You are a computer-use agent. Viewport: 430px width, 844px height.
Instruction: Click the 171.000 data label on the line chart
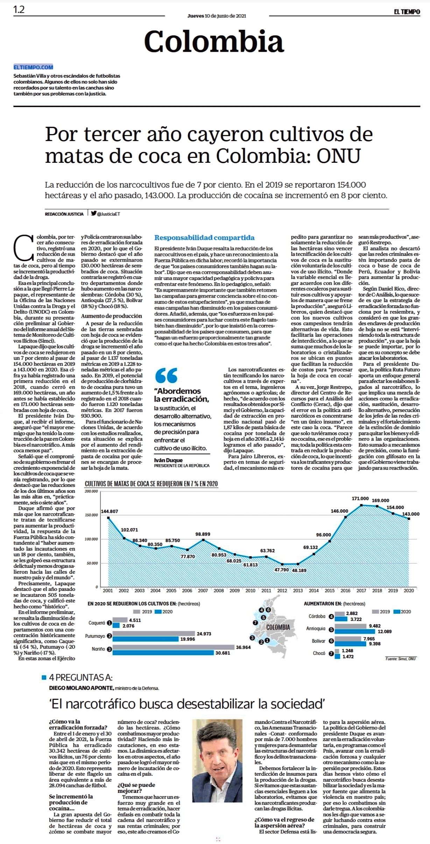point(360,498)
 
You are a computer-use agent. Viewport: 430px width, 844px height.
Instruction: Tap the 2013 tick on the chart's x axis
point(298,591)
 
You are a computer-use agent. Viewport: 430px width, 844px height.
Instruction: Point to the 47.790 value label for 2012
point(281,570)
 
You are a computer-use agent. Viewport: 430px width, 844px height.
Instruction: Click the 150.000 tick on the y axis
point(91,515)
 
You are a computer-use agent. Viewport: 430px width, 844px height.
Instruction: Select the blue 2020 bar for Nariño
point(163,653)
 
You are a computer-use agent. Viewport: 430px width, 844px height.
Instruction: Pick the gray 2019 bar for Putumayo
point(154,634)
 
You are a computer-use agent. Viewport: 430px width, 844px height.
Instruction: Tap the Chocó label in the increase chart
point(319,653)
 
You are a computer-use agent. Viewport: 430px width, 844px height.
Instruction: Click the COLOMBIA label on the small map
point(278,627)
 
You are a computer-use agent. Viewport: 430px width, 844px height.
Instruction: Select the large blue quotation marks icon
point(166,376)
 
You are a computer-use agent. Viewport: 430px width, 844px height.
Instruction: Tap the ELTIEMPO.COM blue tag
point(33,67)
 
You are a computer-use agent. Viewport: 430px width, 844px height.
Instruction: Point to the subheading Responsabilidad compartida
point(204,238)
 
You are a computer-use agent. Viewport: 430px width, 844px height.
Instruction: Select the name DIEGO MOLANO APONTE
point(81,688)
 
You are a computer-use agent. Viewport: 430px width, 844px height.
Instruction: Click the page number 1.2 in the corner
point(19,10)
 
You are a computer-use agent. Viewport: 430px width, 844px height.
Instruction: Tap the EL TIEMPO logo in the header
point(407,12)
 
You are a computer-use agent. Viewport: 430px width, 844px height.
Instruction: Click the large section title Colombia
point(214,41)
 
